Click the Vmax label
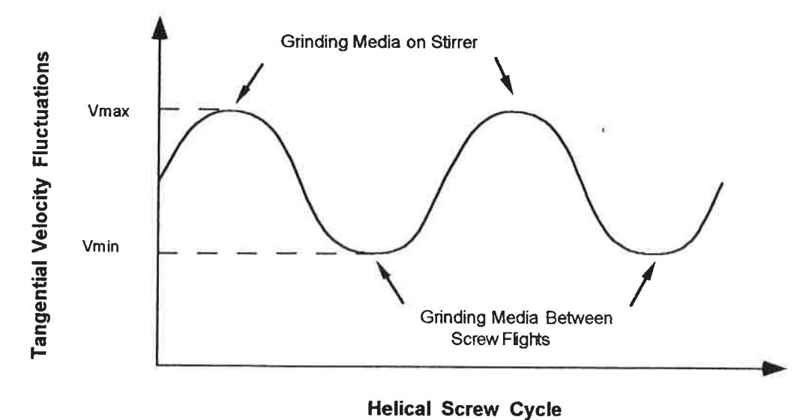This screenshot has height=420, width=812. point(109,111)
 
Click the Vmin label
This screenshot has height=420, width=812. point(101,246)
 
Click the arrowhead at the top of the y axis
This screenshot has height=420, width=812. point(160,28)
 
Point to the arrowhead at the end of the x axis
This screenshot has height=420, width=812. point(775,368)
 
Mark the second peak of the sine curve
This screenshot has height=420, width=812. point(510,112)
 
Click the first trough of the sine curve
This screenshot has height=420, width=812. point(371,253)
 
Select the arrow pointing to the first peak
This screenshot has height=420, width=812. point(250,83)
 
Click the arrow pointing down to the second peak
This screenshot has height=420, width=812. point(504,76)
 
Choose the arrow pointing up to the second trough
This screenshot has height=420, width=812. point(643,284)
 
